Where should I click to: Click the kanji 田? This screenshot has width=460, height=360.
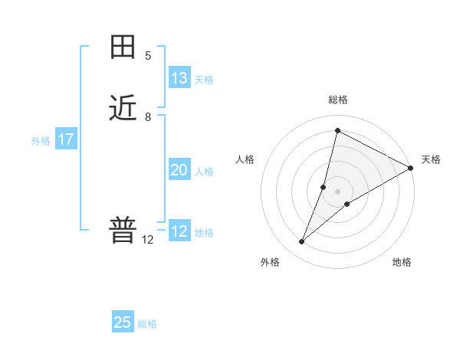pos(123,47)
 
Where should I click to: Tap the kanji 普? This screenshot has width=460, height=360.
pos(123,231)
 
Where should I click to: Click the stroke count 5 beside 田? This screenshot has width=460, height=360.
pos(148,56)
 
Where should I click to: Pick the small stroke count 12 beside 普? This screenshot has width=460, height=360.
pos(148,240)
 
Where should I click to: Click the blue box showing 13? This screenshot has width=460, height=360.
pos(179,78)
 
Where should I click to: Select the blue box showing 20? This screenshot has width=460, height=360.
pos(179,170)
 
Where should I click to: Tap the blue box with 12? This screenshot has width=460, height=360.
pos(179,231)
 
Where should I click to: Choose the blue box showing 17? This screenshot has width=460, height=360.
pos(66,139)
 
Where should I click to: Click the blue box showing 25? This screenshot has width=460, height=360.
pos(123,322)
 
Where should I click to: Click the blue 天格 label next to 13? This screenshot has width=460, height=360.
pos(204,80)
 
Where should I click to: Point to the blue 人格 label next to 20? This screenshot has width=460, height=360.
pos(204,172)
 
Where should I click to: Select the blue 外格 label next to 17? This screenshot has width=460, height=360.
pos(41,141)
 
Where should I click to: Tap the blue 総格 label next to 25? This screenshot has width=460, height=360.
pos(147,324)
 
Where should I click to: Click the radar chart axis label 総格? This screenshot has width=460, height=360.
pos(338,100)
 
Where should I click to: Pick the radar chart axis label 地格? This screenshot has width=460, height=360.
pos(402,262)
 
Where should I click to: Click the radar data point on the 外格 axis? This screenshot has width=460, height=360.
pos(302,242)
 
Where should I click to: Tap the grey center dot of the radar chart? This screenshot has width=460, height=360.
pos(338,191)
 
